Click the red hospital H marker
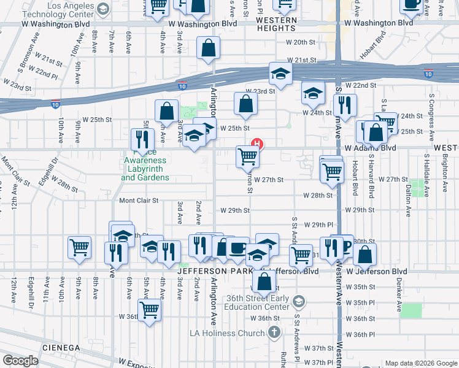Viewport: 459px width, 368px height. [258, 145]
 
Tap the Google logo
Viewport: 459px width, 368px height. [20, 360]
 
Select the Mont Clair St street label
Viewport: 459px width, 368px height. [139, 201]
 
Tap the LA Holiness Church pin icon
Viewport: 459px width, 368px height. [274, 332]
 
